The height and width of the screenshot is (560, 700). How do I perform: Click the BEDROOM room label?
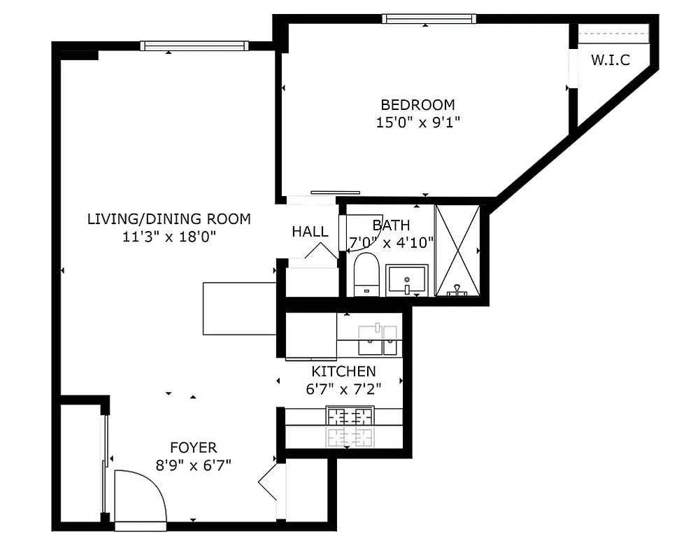417,105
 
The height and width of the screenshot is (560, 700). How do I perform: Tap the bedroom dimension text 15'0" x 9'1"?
417,122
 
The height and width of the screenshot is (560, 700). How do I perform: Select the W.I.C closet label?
610,60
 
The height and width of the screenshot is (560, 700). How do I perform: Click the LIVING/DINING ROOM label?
169,219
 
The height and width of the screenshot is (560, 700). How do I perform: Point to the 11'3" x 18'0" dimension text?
169,237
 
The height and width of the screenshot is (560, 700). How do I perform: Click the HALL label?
310,232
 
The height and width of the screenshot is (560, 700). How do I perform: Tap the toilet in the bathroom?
366,274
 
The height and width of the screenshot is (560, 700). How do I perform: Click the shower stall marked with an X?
457,250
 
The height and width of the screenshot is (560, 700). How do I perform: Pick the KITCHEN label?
343,372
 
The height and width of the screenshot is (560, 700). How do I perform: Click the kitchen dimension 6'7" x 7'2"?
343,389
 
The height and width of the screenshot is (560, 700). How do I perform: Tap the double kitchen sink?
378,339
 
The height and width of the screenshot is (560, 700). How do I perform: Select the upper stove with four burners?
350,417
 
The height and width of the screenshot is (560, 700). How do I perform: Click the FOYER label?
193,448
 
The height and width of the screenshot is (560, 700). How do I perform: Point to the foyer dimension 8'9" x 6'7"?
193,464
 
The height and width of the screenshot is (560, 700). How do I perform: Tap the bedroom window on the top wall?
429,19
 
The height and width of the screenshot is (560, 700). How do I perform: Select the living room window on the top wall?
194,46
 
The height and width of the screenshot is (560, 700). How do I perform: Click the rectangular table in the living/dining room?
239,309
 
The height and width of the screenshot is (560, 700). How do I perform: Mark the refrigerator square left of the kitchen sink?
311,335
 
